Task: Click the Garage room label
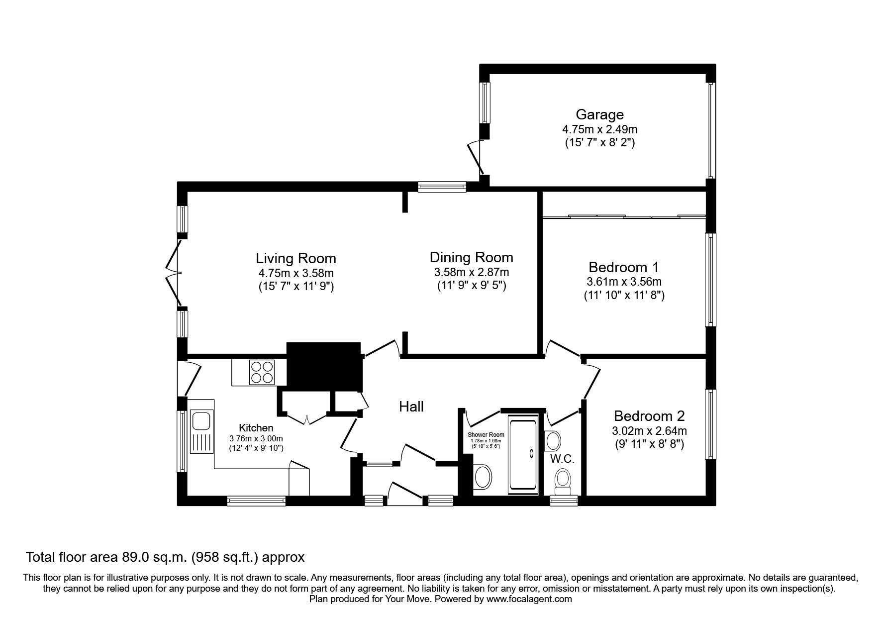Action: pyautogui.click(x=599, y=114)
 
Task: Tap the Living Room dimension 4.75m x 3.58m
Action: pyautogui.click(x=295, y=273)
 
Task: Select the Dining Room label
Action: pyautogui.click(x=471, y=257)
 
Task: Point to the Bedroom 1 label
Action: pyautogui.click(x=623, y=267)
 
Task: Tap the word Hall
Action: pyautogui.click(x=411, y=407)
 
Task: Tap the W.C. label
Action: pyautogui.click(x=563, y=459)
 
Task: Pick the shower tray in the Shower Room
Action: pyautogui.click(x=523, y=454)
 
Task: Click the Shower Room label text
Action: pyautogui.click(x=486, y=435)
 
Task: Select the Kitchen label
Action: pyautogui.click(x=256, y=428)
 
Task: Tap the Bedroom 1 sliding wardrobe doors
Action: pyautogui.click(x=624, y=216)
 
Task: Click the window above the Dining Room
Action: pyautogui.click(x=442, y=187)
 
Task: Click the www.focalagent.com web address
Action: pyautogui.click(x=529, y=599)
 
